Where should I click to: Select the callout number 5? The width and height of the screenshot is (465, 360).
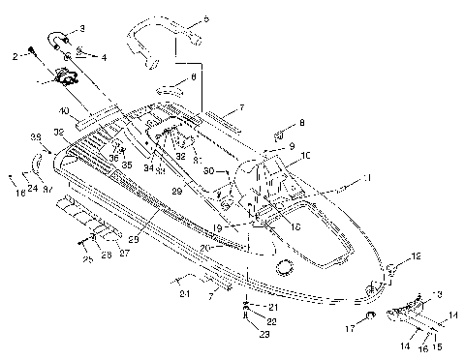[205, 19]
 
